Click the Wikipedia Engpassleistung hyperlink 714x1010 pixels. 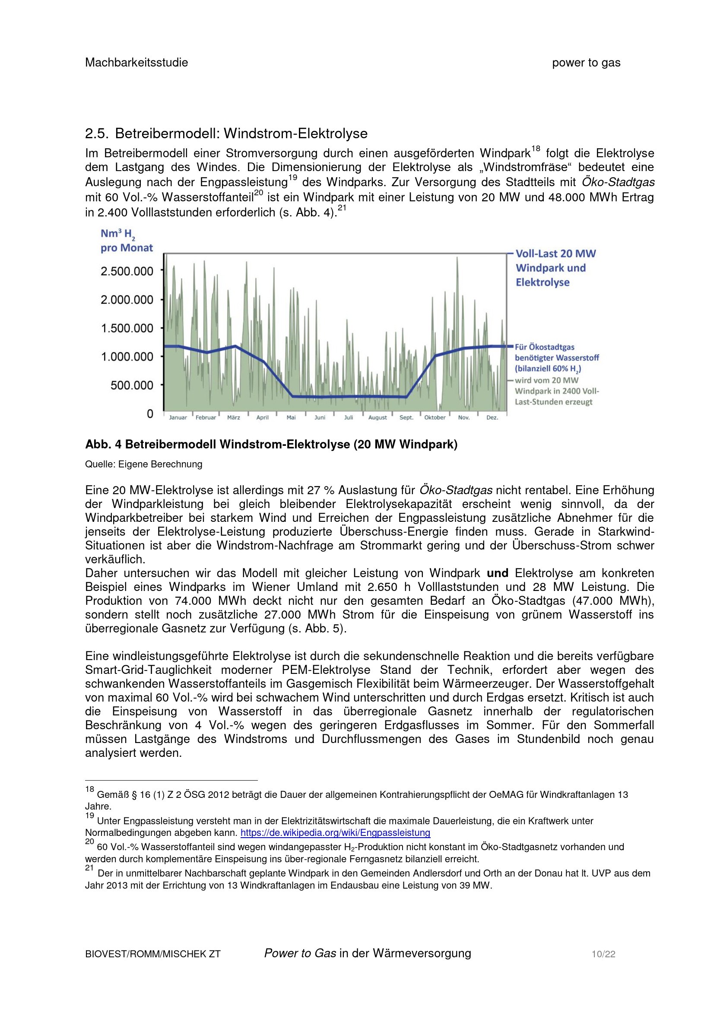pyautogui.click(x=335, y=832)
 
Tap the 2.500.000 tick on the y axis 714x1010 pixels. pyautogui.click(x=127, y=271)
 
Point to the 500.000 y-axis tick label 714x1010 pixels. pyautogui.click(x=132, y=385)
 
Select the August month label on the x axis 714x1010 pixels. pyautogui.click(x=378, y=417)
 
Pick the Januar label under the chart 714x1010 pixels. pyautogui.click(x=178, y=417)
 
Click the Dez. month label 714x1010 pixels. pyautogui.click(x=492, y=417)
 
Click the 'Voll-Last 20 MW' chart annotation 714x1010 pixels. pyautogui.click(x=555, y=254)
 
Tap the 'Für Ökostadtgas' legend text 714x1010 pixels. pyautogui.click(x=545, y=347)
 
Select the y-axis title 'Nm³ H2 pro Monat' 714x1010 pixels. pyautogui.click(x=126, y=241)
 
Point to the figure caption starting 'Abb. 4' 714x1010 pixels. pyautogui.click(x=271, y=444)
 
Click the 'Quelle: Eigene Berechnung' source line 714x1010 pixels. pyautogui.click(x=143, y=464)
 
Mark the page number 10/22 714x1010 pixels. pyautogui.click(x=603, y=954)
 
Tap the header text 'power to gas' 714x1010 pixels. pyautogui.click(x=586, y=63)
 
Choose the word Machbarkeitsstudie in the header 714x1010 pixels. pyautogui.click(x=136, y=63)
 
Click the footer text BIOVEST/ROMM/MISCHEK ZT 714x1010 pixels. pyautogui.click(x=152, y=954)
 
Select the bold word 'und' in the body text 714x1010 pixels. pyautogui.click(x=497, y=573)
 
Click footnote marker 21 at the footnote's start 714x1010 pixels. pyautogui.click(x=89, y=868)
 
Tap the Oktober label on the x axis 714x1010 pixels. pyautogui.click(x=435, y=417)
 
